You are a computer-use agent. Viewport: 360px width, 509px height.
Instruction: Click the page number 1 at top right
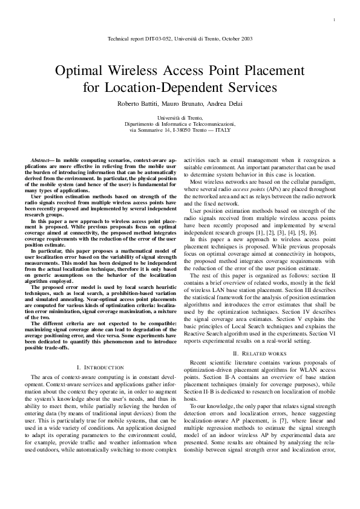[x=334, y=21]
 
